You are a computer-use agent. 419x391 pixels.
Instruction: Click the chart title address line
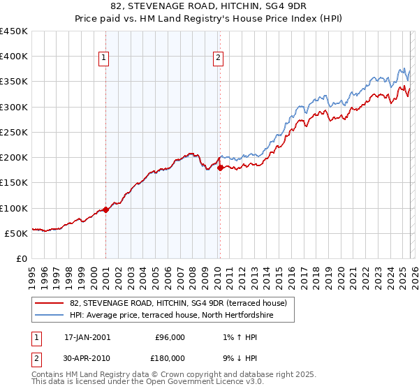(209, 6)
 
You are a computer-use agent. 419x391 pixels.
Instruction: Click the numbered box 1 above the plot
(103, 58)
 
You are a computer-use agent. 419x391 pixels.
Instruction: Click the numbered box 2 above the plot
(219, 58)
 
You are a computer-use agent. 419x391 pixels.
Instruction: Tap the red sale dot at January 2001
(105, 209)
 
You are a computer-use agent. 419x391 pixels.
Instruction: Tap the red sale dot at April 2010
(220, 168)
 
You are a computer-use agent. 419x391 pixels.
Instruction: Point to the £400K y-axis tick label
(14, 57)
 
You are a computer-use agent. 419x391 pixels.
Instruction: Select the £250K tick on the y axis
(14, 132)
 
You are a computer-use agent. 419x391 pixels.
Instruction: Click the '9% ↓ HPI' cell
(238, 357)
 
